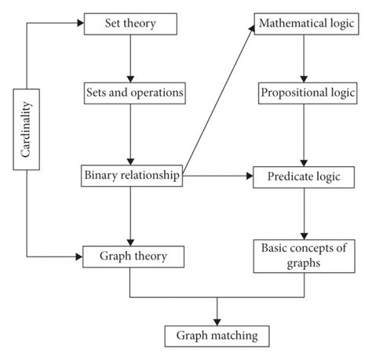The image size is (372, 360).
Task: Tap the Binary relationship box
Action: (x=132, y=176)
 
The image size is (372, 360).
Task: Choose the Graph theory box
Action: (x=132, y=256)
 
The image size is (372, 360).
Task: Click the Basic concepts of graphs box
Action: (x=302, y=256)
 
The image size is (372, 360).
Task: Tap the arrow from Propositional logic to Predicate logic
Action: (x=302, y=134)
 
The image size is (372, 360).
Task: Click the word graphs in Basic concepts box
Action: (x=302, y=264)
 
